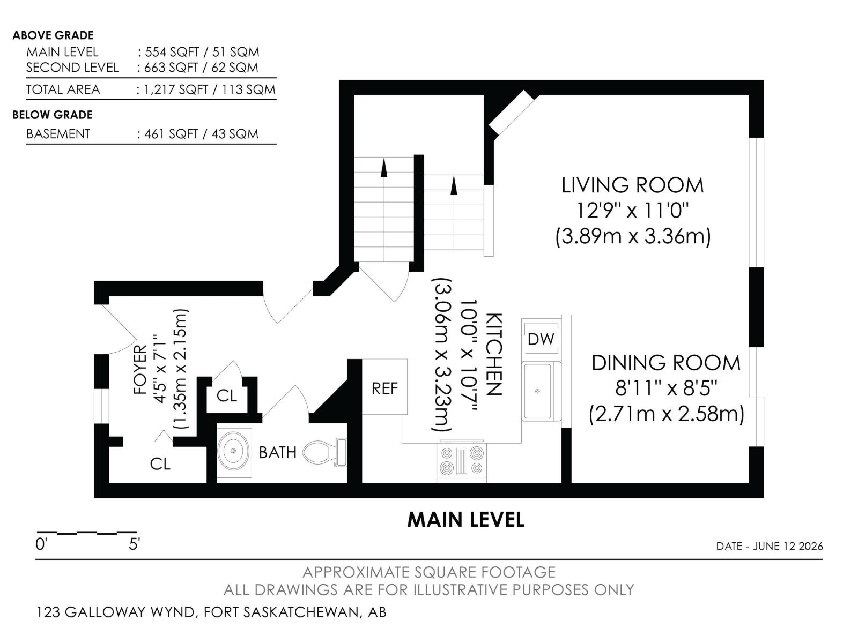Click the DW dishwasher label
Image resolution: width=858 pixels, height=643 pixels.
[541, 339]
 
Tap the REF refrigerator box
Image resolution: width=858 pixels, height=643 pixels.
[384, 386]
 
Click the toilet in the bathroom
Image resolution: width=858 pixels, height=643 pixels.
[324, 452]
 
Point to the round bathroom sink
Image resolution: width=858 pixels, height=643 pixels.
[234, 451]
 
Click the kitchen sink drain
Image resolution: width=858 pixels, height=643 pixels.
[537, 391]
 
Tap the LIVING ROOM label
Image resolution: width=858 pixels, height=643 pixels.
[632, 185]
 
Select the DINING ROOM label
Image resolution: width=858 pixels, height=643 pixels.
[666, 363]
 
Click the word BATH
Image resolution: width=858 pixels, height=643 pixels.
[278, 452]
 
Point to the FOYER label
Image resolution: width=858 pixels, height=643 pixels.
[140, 369]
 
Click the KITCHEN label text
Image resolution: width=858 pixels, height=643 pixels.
[494, 354]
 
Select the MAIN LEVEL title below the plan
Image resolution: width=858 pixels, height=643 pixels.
[465, 520]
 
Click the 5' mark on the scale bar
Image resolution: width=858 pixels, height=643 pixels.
[134, 544]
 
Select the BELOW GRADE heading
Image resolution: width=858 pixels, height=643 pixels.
[53, 115]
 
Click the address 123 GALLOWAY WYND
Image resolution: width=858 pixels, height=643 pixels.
[116, 612]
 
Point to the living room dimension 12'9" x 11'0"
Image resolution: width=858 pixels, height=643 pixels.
[632, 211]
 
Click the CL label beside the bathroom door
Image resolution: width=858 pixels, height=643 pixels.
[227, 396]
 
